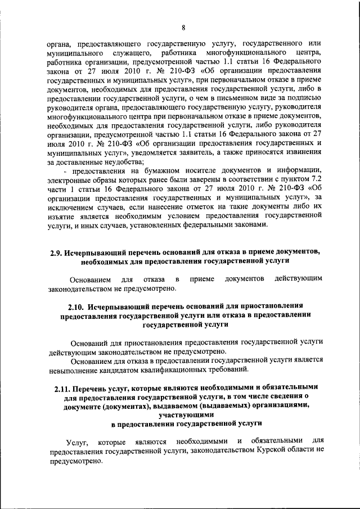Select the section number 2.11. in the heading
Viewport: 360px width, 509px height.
tap(64, 387)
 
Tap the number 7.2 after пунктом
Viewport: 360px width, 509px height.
tap(312, 179)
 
